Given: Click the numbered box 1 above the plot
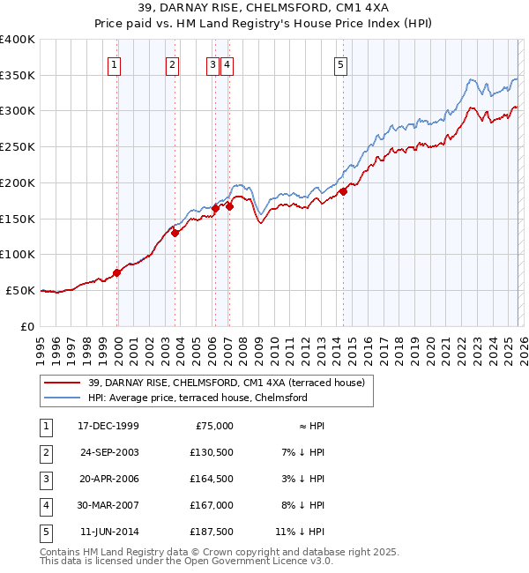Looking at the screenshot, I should tap(115, 63).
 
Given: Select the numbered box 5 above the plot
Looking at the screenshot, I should tap(341, 63).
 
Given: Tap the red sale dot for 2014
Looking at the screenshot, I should tap(343, 191).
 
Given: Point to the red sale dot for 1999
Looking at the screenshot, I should tap(117, 272).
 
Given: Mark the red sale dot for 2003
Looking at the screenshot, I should tap(175, 233).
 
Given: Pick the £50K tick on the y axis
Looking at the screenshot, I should tap(21, 290).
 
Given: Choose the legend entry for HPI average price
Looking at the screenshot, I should tap(197, 398).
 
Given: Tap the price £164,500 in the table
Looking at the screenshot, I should tap(212, 479).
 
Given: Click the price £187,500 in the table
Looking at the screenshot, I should tap(212, 532).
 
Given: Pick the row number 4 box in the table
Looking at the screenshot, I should tap(44, 505).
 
